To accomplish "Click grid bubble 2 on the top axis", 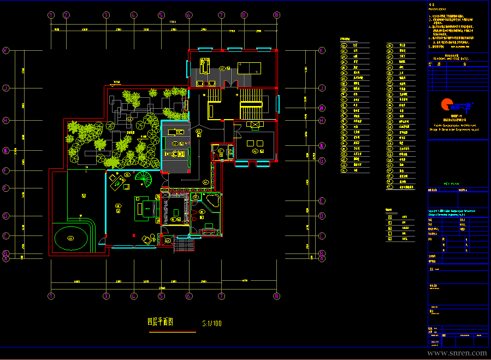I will click(66, 15).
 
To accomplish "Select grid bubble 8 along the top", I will click(244, 15).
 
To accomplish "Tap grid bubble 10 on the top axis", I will click(277, 15).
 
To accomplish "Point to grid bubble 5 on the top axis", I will click(161, 15).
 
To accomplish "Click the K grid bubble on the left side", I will click(7, 50).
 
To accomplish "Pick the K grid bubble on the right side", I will click(322, 50).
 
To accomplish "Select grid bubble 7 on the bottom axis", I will click(222, 296).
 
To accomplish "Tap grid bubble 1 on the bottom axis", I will click(51, 296).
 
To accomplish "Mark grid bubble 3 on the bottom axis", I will click(106, 296).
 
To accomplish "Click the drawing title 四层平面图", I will click(160, 323).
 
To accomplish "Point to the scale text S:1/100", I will click(212, 323).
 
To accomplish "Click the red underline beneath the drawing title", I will click(172, 332).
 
